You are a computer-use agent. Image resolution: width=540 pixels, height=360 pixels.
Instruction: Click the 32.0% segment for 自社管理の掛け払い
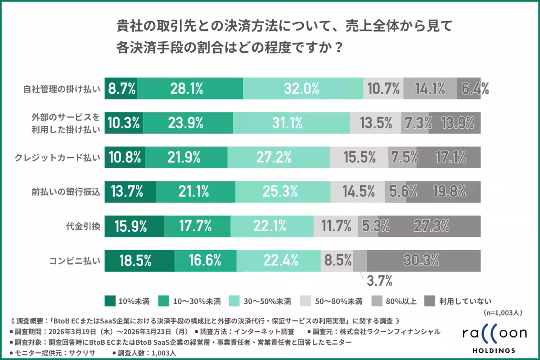pyautogui.click(x=303, y=88)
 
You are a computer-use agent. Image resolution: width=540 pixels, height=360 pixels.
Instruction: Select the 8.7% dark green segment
pyautogui.click(x=121, y=88)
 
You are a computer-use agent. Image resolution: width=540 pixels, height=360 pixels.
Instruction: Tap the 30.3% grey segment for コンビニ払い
pyautogui.click(x=423, y=260)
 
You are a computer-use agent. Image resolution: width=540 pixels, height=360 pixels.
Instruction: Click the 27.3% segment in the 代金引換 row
pyautogui.click(x=429, y=225)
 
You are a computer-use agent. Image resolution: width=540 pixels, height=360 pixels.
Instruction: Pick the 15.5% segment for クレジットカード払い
pyautogui.click(x=359, y=157)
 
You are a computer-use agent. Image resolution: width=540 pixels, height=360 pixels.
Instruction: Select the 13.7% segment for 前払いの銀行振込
pyautogui.click(x=130, y=191)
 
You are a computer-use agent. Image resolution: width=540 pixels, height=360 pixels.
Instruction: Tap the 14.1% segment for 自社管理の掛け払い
pyautogui.click(x=430, y=88)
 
